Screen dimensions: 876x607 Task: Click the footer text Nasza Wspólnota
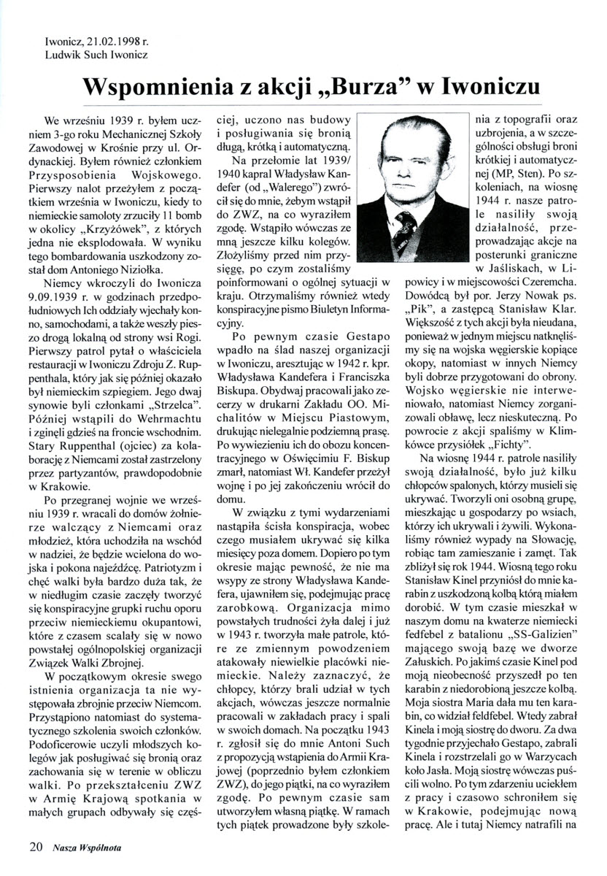pyautogui.click(x=87, y=848)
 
